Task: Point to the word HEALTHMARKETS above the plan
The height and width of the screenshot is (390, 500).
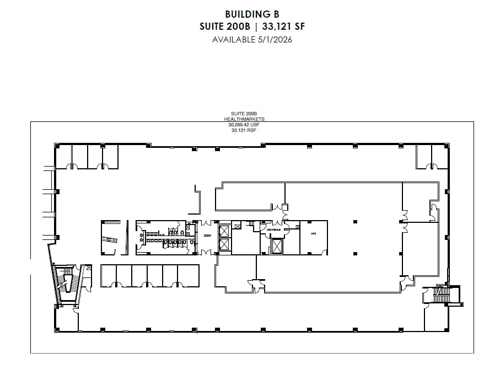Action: [x=244, y=119]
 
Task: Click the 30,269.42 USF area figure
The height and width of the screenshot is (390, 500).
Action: [x=244, y=125]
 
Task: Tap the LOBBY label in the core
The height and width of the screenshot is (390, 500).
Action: [x=207, y=236]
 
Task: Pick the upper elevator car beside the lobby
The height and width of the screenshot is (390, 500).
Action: [x=225, y=230]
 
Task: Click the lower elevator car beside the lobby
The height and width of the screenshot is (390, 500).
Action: [x=225, y=245]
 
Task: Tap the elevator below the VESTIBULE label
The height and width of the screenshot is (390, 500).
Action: [x=275, y=245]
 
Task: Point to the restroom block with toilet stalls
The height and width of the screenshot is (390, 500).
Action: [x=165, y=237]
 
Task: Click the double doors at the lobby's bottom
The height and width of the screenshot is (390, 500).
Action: [x=206, y=253]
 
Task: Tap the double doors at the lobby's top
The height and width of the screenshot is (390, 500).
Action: [x=206, y=222]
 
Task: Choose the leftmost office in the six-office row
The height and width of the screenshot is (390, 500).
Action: [x=109, y=275]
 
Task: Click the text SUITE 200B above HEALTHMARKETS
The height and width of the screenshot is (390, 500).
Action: [x=244, y=114]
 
